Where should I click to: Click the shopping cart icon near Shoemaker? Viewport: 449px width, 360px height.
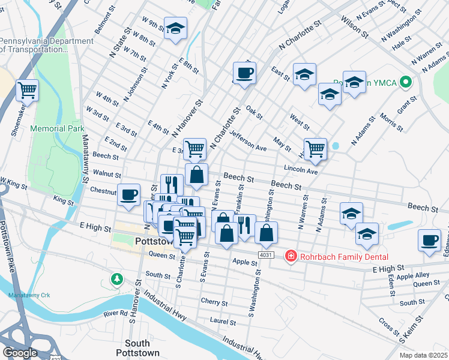[27, 91]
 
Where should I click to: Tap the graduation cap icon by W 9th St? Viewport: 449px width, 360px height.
[175, 28]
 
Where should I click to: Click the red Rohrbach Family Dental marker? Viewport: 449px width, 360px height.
[291, 256]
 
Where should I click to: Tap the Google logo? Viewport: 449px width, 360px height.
[20, 353]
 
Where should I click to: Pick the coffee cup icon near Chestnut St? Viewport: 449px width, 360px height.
[129, 194]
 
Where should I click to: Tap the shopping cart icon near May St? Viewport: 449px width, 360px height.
[315, 148]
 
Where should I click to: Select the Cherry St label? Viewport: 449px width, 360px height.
[214, 303]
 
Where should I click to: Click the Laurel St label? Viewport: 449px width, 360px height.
[223, 322]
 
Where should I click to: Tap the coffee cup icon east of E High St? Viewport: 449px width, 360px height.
[429, 240]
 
